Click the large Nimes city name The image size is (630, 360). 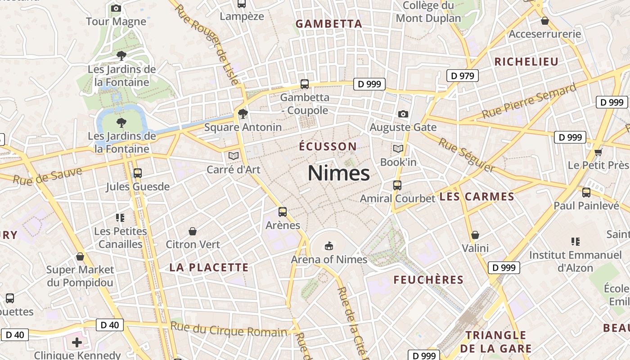(x=339, y=173)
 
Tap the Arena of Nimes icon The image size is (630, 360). (x=329, y=246)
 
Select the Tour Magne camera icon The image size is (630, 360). (x=116, y=8)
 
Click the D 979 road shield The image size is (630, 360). (x=462, y=76)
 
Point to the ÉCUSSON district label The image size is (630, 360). (x=328, y=146)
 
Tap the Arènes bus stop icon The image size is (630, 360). (x=283, y=211)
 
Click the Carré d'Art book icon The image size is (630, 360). (x=233, y=156)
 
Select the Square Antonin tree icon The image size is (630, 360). (x=243, y=113)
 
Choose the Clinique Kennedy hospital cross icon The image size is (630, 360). (x=77, y=342)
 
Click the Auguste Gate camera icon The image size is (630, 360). (x=403, y=114)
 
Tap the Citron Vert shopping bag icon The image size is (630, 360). (x=193, y=231)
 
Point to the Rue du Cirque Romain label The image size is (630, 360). (x=229, y=330)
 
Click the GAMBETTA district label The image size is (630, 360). (x=328, y=24)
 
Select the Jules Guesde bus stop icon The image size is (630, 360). (x=138, y=173)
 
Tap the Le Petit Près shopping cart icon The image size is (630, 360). (x=598, y=152)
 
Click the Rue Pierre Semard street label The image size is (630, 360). (x=529, y=101)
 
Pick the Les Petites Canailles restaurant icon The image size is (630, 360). (x=120, y=218)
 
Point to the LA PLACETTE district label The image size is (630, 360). (x=209, y=267)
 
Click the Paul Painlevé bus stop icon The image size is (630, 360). (x=586, y=193)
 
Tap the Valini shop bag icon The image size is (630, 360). (x=475, y=235)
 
